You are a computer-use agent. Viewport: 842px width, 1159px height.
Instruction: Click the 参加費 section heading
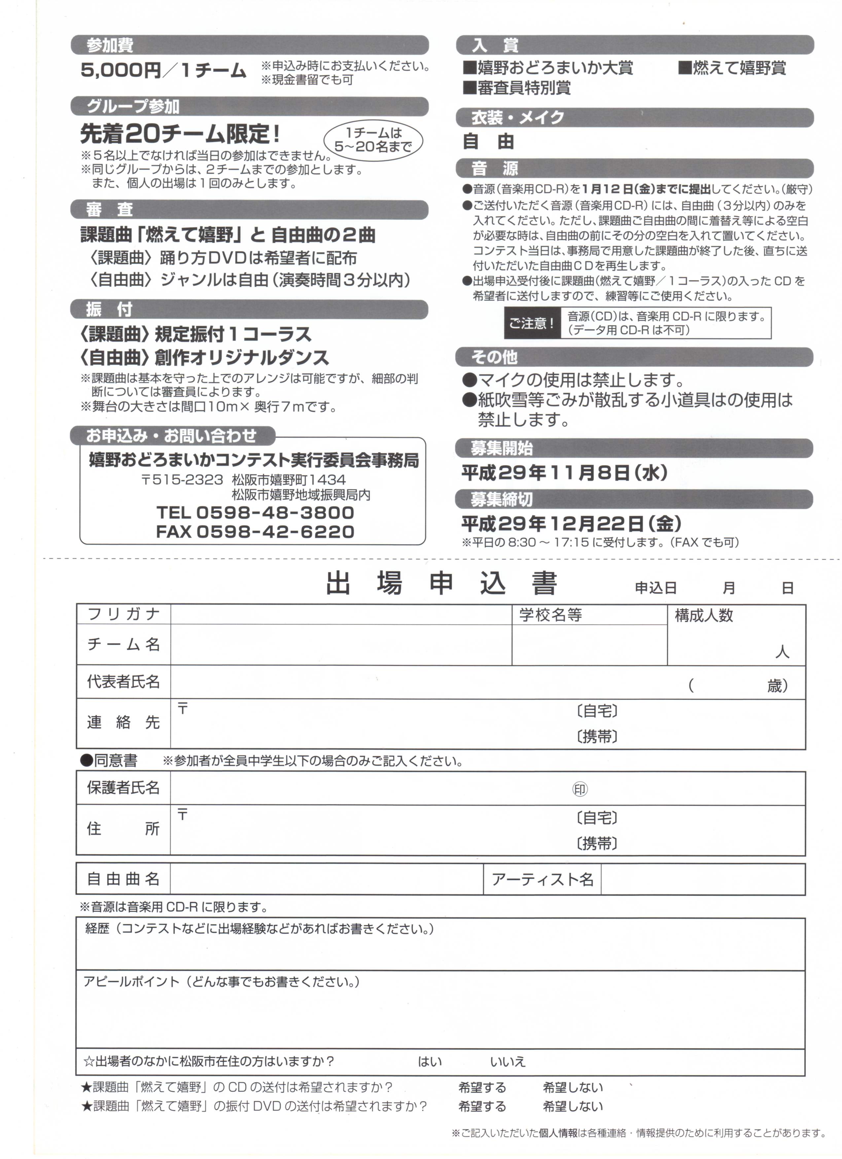[110, 46]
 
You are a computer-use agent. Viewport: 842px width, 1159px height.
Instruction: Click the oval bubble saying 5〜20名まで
[373, 139]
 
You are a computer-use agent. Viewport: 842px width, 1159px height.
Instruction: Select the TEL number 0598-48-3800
[275, 512]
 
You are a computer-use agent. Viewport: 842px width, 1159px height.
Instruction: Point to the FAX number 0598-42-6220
[275, 531]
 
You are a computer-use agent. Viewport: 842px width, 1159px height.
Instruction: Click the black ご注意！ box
[531, 323]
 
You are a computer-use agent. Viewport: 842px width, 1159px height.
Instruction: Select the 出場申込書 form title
[441, 583]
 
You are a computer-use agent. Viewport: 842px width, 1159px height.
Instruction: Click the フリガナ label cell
[123, 614]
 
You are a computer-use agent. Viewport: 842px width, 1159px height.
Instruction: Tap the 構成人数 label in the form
[704, 615]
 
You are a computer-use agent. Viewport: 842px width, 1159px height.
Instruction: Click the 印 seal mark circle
[580, 789]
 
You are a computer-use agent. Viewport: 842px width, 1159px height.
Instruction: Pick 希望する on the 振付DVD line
[482, 1107]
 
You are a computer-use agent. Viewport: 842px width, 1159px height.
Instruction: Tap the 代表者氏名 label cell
[123, 682]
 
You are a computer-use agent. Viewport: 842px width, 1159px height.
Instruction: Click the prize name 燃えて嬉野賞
[733, 68]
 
